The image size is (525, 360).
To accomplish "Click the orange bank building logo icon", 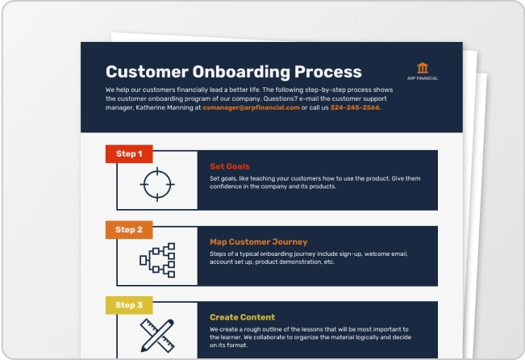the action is tap(423, 68).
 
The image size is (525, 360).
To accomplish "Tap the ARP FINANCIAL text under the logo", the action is tap(423, 78).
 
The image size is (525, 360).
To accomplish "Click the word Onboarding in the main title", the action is tap(241, 72).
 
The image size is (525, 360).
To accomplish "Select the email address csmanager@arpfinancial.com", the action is tap(251, 107).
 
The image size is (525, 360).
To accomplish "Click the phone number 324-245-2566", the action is tap(355, 107).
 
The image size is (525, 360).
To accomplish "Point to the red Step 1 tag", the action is tap(129, 154).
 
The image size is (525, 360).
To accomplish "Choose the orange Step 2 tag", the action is tap(129, 229).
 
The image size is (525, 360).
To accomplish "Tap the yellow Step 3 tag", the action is tap(129, 305).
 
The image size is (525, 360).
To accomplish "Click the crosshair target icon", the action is tap(157, 184).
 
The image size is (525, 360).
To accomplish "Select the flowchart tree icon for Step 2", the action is tap(157, 260).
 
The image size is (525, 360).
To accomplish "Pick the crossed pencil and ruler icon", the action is tap(157, 336).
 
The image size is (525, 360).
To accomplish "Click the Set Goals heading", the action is tap(230, 166).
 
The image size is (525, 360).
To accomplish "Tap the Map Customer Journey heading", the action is tap(259, 241).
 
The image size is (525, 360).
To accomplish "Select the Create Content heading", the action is tap(243, 317).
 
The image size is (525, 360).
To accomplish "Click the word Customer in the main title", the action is tap(147, 72).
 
